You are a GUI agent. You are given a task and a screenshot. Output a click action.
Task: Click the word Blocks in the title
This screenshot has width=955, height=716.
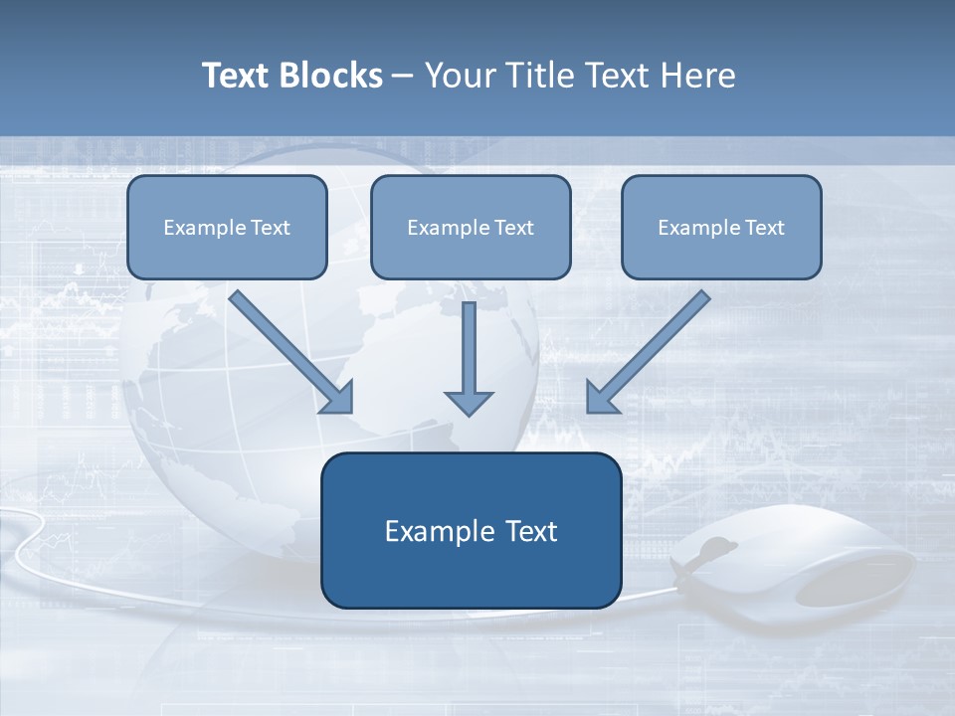coord(332,76)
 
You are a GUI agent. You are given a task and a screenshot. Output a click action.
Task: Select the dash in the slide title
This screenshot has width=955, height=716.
coord(403,77)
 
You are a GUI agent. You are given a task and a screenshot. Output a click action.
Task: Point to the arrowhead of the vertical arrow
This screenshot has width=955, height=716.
coord(469,402)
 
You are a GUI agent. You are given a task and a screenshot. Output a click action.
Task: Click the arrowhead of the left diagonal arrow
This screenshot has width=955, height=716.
coord(338,397)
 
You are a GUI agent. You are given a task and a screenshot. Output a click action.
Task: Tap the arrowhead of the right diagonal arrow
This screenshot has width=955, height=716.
coord(601,397)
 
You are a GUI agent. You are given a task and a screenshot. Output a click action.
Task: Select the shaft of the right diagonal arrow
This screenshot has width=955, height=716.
coord(662,338)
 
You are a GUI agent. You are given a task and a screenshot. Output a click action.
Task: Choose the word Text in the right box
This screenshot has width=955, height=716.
coord(765,228)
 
